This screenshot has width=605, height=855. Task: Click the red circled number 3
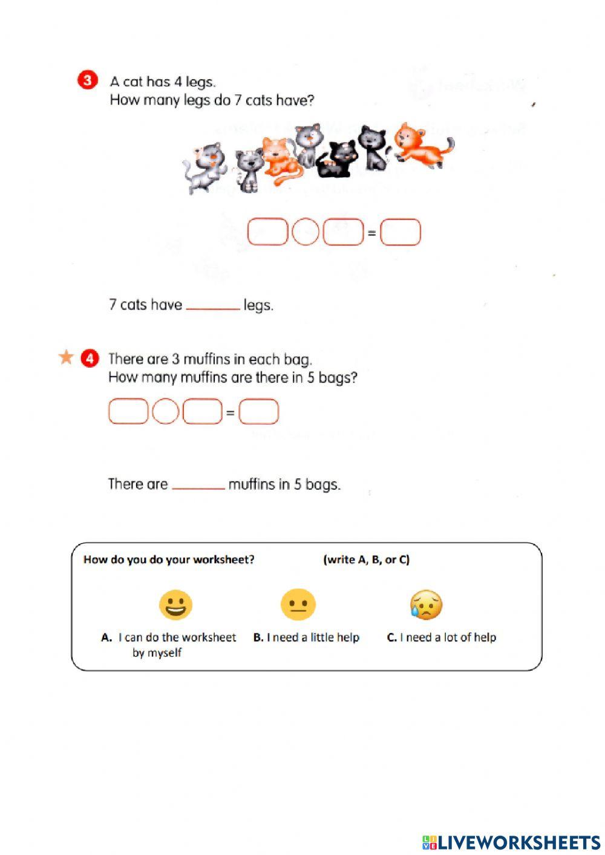point(88,80)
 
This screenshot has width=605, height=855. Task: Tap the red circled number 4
point(89,358)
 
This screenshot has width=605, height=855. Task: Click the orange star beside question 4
point(65,357)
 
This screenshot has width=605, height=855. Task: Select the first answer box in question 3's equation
point(267,232)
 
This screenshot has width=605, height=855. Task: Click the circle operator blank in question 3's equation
point(305,232)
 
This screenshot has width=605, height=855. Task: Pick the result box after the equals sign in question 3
point(400,232)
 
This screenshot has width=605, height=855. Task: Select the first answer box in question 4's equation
point(128,412)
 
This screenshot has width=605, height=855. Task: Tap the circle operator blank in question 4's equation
point(165,412)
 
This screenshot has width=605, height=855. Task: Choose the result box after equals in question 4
point(259,412)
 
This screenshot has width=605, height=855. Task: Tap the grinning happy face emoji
point(175,605)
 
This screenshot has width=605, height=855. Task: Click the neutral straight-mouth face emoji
point(298,605)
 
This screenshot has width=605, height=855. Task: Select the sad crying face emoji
point(427,605)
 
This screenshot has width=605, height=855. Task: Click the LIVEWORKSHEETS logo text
point(511,842)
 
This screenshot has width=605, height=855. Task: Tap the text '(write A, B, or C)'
point(366,559)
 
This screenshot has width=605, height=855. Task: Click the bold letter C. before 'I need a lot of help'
point(391,637)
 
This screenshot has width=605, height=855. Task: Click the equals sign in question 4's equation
point(230,413)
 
